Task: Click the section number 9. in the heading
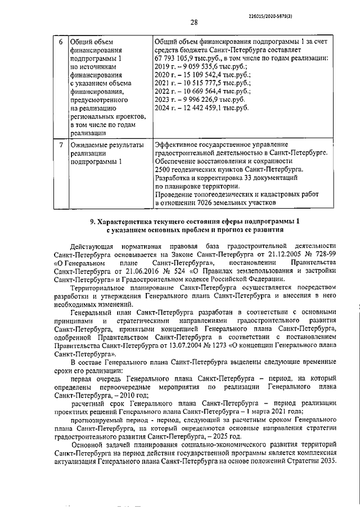[93, 221]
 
